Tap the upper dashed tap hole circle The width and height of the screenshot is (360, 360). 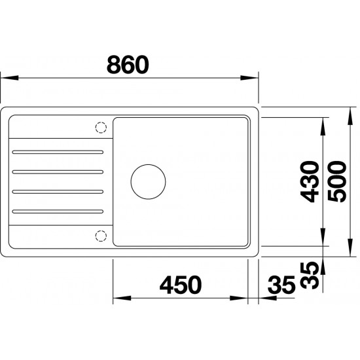click(101, 128)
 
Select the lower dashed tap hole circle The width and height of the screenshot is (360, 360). click(101, 235)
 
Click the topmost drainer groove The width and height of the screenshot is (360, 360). click(58, 152)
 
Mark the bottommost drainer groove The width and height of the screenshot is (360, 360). click(58, 211)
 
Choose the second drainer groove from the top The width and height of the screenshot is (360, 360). click(58, 171)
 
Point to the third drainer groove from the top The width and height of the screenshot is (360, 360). click(58, 191)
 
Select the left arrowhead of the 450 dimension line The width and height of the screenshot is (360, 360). click(117, 300)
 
